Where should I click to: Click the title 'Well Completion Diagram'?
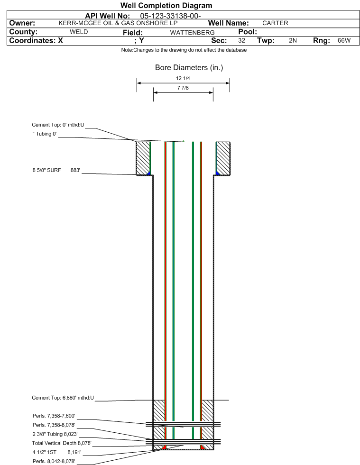tap(166, 6)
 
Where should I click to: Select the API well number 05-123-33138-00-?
tap(170, 16)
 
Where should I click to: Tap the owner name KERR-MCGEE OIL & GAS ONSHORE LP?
tap(118, 23)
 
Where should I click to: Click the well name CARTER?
tap(275, 23)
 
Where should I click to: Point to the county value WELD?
tap(79, 32)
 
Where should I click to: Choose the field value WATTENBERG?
tap(192, 33)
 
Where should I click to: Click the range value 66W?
tap(344, 41)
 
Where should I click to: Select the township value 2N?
tap(293, 41)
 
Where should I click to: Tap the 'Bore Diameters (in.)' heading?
tap(189, 68)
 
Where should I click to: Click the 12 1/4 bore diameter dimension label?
tap(183, 78)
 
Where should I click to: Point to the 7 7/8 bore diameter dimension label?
tap(183, 88)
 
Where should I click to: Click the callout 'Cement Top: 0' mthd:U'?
tap(58, 125)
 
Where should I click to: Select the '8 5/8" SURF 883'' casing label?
tap(56, 170)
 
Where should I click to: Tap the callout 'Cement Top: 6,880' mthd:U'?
tap(63, 398)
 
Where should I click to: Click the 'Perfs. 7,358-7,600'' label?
tap(54, 416)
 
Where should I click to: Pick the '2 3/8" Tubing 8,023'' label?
tap(55, 434)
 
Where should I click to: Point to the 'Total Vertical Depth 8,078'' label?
tap(62, 443)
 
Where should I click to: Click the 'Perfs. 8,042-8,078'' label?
tap(54, 461)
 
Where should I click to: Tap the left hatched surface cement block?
tap(143, 158)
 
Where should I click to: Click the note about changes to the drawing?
tap(184, 50)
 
